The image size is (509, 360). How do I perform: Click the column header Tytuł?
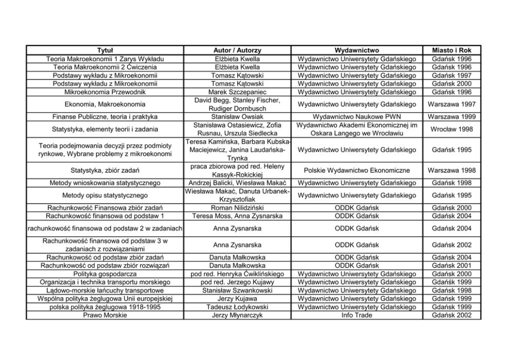coord(105,50)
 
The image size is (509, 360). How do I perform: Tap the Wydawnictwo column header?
coord(357,50)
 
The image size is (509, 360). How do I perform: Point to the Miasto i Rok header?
coord(452,50)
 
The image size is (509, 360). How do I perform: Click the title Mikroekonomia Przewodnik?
coord(105,92)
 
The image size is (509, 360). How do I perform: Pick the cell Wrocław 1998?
coord(452,129)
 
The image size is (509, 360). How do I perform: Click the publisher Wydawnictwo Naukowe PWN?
coord(357,116)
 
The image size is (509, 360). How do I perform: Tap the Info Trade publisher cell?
coord(357,315)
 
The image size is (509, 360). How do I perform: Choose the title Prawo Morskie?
coord(105,315)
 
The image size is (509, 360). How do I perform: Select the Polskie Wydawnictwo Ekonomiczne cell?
coord(357,170)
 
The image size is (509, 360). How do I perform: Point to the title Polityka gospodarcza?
coord(105,274)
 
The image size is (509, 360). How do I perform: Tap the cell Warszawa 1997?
coord(452,104)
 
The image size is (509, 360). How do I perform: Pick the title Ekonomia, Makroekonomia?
coord(105,104)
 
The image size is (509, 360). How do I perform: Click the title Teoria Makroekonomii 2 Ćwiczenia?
coord(105,67)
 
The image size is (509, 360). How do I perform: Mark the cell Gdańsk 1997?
coord(452,75)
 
